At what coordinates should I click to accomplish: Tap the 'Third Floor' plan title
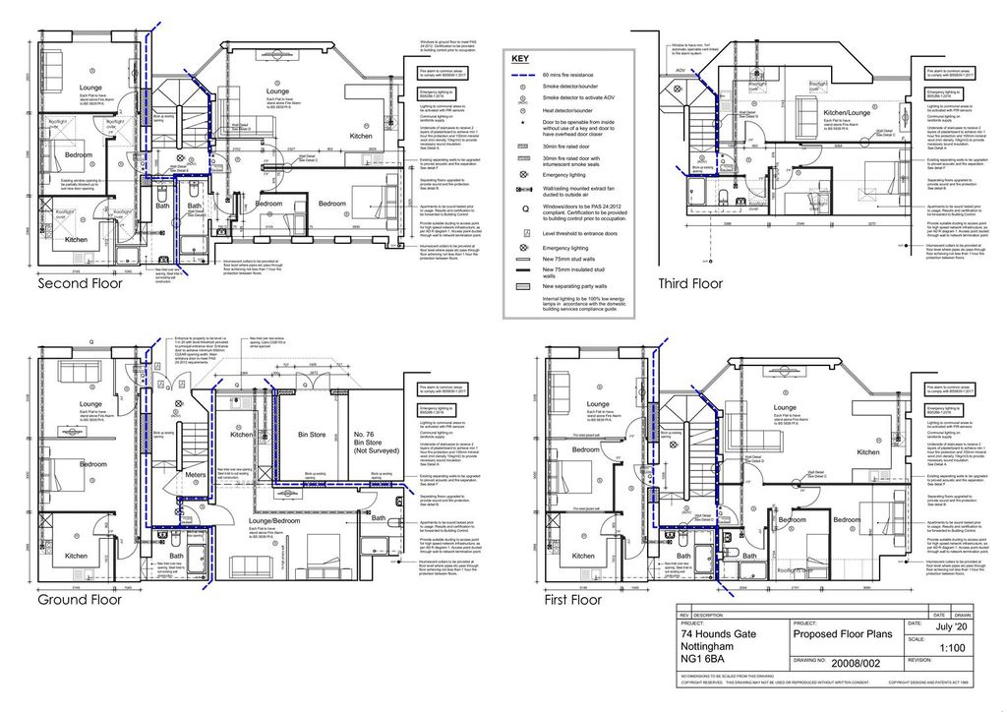689,283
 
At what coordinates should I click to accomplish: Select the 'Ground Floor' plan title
79,599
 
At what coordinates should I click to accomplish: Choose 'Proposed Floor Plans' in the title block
843,634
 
